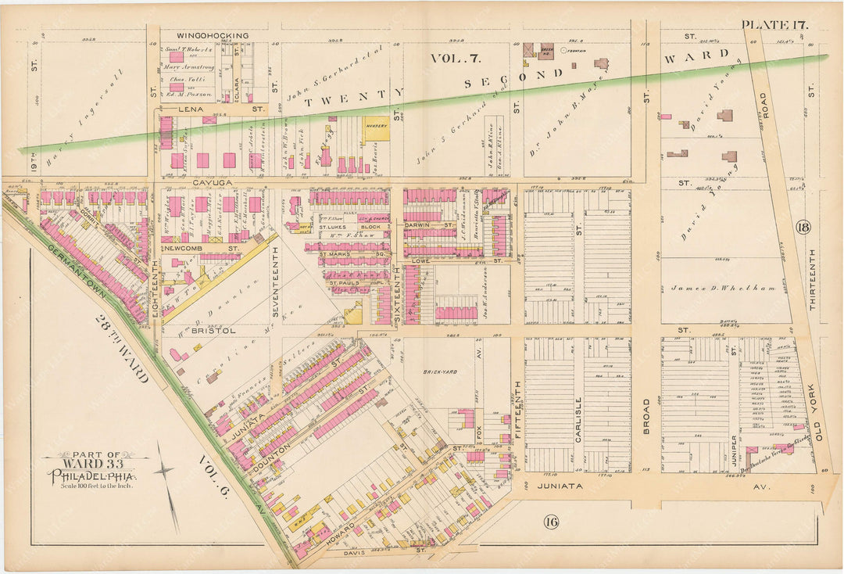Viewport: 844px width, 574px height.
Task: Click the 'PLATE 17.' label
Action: pos(775,24)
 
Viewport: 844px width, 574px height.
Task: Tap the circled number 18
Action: pos(803,228)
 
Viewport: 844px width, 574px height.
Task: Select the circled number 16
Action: pos(552,522)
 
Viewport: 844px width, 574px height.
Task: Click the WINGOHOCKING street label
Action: pos(213,35)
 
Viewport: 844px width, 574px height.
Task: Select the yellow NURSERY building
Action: pos(376,128)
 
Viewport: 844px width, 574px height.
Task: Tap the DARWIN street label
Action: pos(420,224)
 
